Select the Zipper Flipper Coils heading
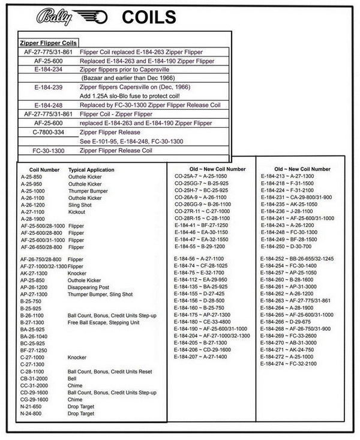tap(48, 43)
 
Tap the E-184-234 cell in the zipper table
tap(49, 70)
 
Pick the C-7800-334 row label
tap(49, 132)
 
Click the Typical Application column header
tap(91, 170)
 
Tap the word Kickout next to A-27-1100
tap(77, 212)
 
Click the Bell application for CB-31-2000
tap(73, 379)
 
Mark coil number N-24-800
tap(31, 414)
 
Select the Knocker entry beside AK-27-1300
tap(77, 273)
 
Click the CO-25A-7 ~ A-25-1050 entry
tap(202, 176)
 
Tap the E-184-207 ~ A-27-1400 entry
tap(201, 357)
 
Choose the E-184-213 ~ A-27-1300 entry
tap(287, 176)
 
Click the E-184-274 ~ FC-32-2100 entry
tap(287, 364)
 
